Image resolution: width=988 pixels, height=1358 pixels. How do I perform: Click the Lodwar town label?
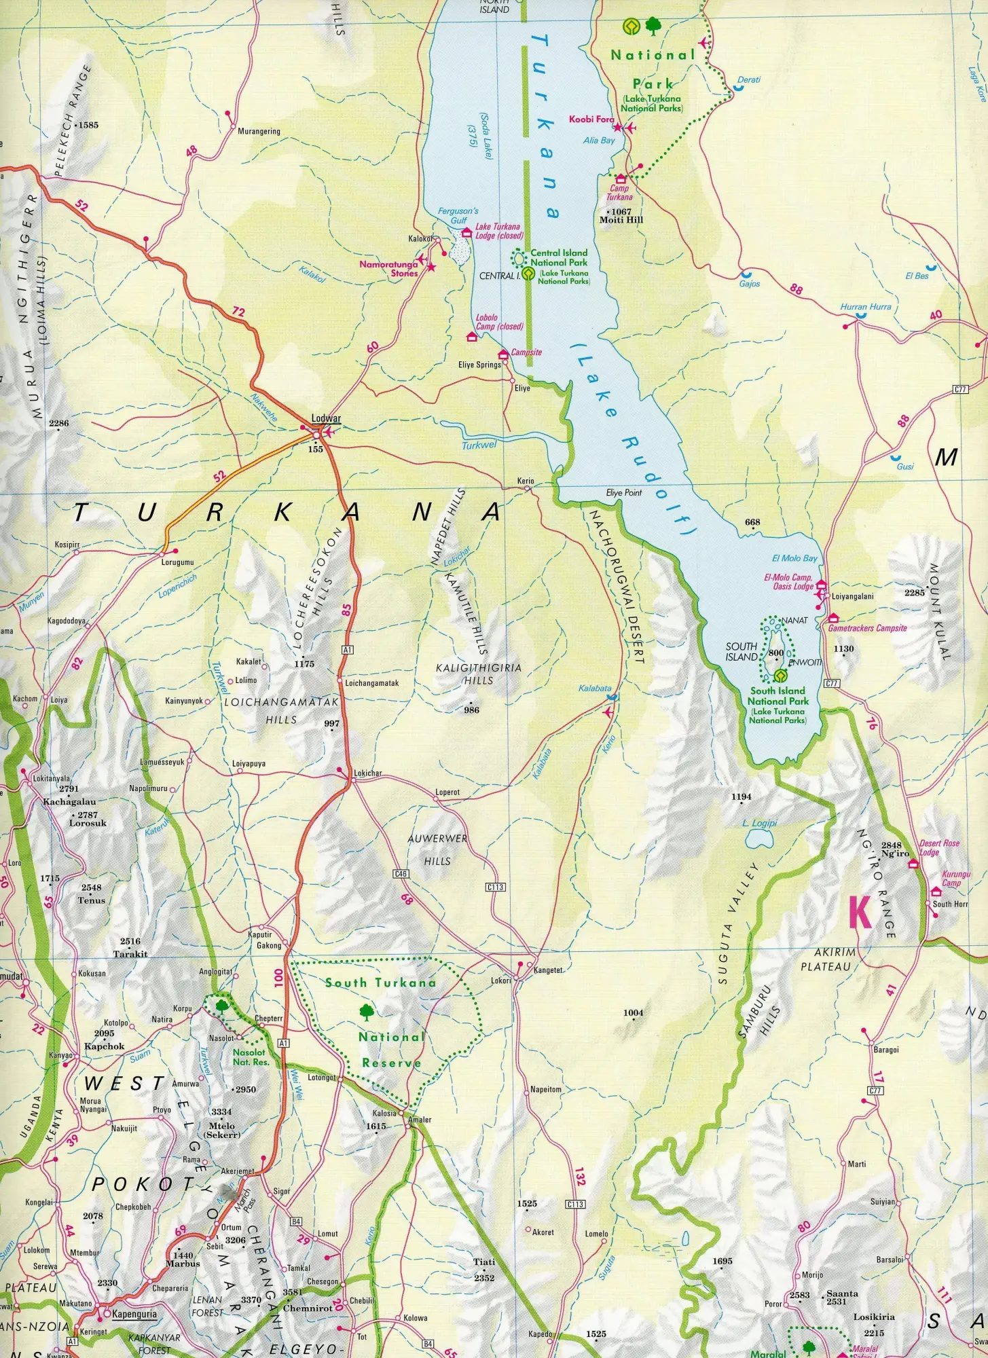click(x=326, y=418)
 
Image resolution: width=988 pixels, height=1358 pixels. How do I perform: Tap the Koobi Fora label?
click(x=591, y=120)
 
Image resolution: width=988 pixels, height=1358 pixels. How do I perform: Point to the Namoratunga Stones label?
click(x=388, y=269)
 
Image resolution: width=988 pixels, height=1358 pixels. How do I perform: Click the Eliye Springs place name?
click(x=479, y=365)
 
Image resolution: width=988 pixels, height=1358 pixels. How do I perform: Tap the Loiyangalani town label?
click(x=852, y=597)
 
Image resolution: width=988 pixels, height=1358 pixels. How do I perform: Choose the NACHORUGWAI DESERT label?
click(x=615, y=586)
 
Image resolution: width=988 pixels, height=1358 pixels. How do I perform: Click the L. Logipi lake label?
click(x=759, y=823)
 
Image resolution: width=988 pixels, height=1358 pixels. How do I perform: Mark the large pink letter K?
click(x=860, y=913)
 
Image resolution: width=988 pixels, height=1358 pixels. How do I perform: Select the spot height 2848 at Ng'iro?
click(x=891, y=845)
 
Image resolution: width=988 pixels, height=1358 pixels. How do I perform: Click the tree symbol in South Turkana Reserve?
click(x=367, y=1012)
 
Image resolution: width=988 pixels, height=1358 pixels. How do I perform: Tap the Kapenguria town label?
click(x=134, y=1314)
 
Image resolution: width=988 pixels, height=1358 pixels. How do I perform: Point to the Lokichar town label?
click(x=368, y=773)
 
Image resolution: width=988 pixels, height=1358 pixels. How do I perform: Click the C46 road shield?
click(x=401, y=874)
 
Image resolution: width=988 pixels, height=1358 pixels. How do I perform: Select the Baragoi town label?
click(x=886, y=1050)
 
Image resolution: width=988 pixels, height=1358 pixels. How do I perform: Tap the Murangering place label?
click(x=259, y=132)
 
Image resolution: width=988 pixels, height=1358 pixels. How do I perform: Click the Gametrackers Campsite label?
click(x=867, y=628)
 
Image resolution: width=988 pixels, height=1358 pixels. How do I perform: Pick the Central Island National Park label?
click(x=559, y=257)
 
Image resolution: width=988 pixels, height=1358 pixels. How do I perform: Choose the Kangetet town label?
click(x=548, y=970)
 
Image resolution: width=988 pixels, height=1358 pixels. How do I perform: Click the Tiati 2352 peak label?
click(x=484, y=1269)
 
